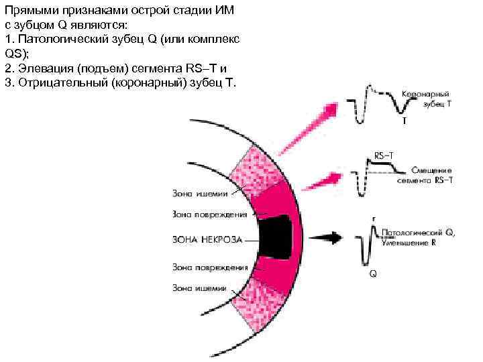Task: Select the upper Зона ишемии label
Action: point(199,194)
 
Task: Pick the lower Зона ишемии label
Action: point(199,288)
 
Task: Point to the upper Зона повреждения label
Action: point(209,215)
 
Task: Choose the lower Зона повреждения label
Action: point(209,267)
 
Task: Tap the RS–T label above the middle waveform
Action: point(384,154)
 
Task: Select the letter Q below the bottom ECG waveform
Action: point(372,274)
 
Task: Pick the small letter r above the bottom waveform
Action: point(374,218)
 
